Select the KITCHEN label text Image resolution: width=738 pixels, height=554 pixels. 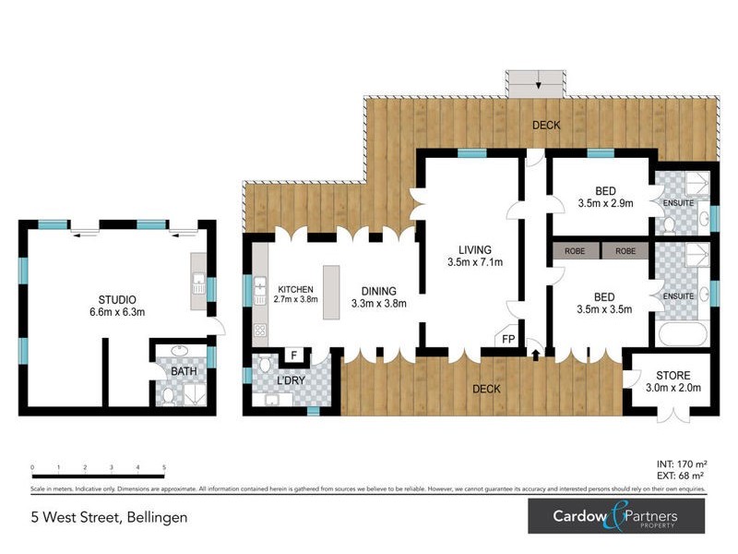pos(294,288)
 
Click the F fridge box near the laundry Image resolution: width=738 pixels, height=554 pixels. pos(294,354)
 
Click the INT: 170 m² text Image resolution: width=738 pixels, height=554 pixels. pos(677,465)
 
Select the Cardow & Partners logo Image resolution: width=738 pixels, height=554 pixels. pos(615,515)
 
